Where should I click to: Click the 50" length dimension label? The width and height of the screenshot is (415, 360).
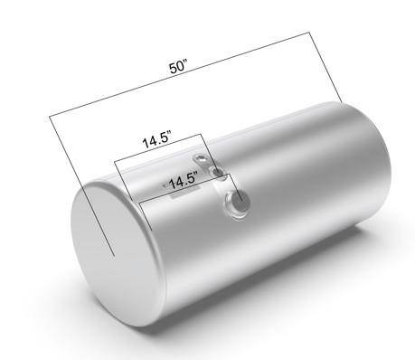pos(178,67)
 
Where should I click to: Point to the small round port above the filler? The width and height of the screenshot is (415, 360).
pos(217,173)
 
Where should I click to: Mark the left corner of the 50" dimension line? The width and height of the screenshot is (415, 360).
pos(50,116)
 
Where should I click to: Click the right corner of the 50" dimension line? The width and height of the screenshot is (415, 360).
pos(309,32)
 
